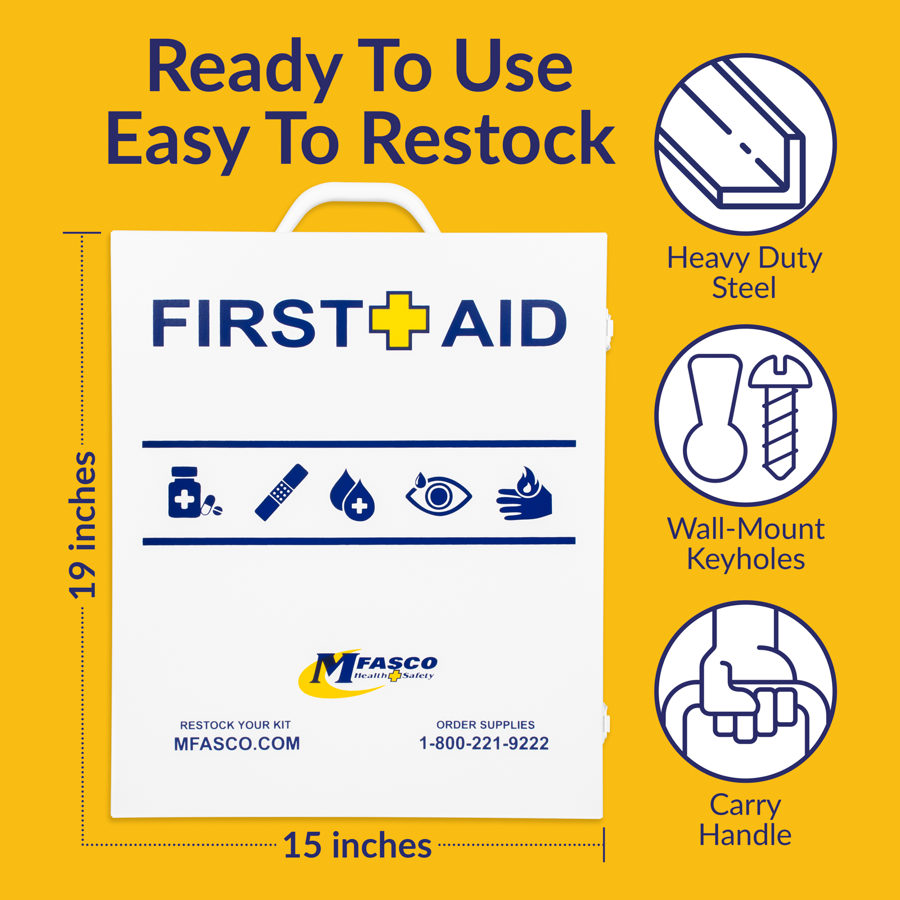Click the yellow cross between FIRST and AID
399,321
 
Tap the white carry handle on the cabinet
358,194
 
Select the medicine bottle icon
186,493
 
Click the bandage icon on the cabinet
281,492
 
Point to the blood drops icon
352,495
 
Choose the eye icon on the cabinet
438,494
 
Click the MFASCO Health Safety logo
368,672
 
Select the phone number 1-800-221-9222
484,743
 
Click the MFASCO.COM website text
237,744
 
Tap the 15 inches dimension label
357,845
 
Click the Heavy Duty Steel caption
744,273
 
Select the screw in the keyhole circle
780,416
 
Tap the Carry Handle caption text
745,820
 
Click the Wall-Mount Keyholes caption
745,544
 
